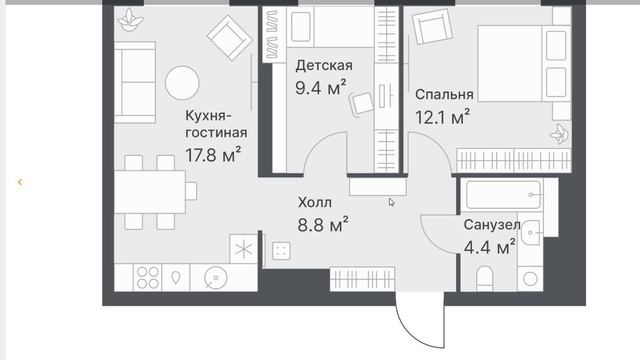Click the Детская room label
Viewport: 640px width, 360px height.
tap(324, 66)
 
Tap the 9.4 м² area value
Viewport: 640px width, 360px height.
tap(321, 87)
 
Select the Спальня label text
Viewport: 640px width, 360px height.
tap(444, 95)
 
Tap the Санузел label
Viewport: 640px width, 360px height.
tap(491, 226)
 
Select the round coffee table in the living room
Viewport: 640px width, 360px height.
tap(183, 81)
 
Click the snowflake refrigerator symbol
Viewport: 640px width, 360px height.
tap(242, 248)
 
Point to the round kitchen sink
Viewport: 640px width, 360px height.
tap(214, 277)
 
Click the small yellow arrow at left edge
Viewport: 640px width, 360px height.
tap(20, 182)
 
